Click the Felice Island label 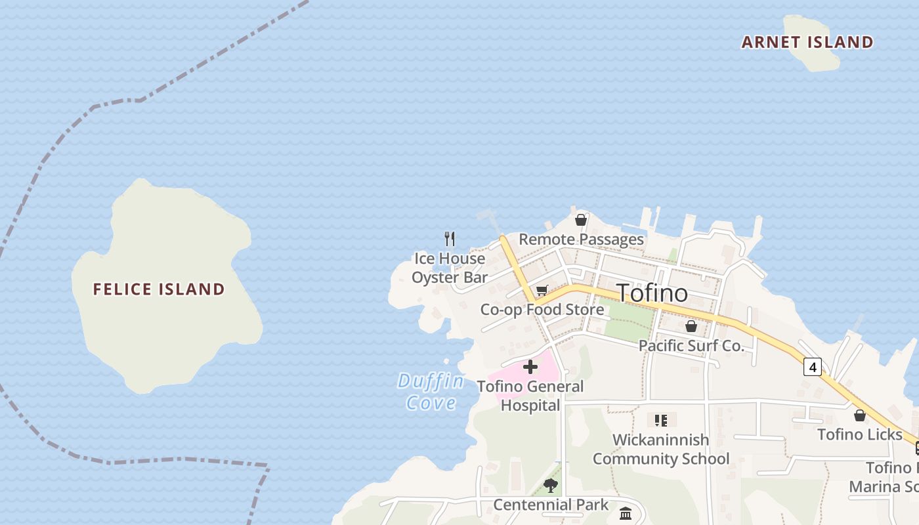159,289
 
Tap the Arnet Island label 807,43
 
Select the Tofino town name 652,293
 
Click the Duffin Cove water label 431,392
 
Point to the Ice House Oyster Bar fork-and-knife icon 450,238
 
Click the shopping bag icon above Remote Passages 581,220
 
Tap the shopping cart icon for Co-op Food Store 542,291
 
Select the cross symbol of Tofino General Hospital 530,367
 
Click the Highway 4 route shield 813,367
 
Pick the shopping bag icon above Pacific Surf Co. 691,326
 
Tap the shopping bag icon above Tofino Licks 860,415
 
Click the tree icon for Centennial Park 551,486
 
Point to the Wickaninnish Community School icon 661,420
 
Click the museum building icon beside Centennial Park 626,513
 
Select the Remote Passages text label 581,240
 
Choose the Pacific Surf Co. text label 691,346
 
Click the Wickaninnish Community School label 661,449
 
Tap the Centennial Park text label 551,505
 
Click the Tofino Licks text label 860,434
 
